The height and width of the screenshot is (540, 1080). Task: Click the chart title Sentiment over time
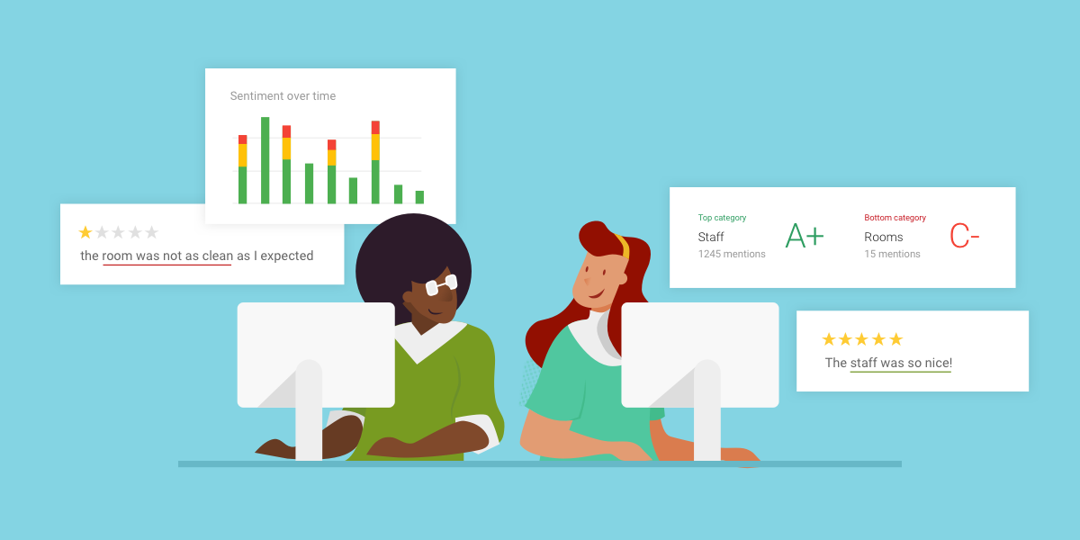pyautogui.click(x=283, y=96)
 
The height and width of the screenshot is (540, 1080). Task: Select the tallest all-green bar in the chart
pyautogui.click(x=265, y=160)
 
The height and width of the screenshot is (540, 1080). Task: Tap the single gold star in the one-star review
pyautogui.click(x=85, y=232)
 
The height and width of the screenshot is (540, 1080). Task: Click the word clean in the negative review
pyautogui.click(x=217, y=256)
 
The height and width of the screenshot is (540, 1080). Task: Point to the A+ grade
pyautogui.click(x=804, y=237)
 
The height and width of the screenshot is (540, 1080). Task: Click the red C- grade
pyautogui.click(x=964, y=237)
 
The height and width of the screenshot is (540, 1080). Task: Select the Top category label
pyautogui.click(x=722, y=218)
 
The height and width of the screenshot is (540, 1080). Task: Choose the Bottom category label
pyautogui.click(x=895, y=218)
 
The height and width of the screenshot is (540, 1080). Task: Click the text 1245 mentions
pyautogui.click(x=732, y=254)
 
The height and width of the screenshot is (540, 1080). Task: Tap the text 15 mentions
pyautogui.click(x=892, y=254)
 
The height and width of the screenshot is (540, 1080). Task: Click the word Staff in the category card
pyautogui.click(x=711, y=237)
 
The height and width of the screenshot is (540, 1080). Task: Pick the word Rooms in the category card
pyautogui.click(x=883, y=237)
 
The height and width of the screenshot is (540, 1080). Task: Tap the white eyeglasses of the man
pyautogui.click(x=441, y=285)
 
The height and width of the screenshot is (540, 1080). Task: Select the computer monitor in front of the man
pyautogui.click(x=315, y=353)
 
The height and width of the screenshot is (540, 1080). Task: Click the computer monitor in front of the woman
pyautogui.click(x=699, y=353)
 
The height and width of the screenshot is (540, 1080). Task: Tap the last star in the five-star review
pyautogui.click(x=895, y=339)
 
